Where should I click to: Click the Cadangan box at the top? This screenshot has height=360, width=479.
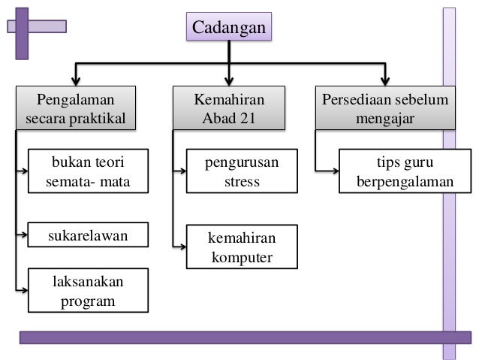(x=229, y=28)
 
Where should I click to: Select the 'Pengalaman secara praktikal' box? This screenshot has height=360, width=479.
(x=74, y=109)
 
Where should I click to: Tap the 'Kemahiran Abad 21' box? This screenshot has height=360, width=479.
(x=230, y=109)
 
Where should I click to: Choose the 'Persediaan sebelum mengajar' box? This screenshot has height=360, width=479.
(x=385, y=109)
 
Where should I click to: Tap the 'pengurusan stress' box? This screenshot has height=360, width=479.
(x=242, y=171)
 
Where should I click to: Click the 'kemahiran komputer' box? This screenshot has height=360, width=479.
(x=242, y=249)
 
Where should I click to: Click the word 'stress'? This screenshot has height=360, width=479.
(x=242, y=181)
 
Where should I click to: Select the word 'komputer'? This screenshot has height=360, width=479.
(x=242, y=259)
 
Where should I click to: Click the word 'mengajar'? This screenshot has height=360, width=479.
(x=385, y=119)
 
